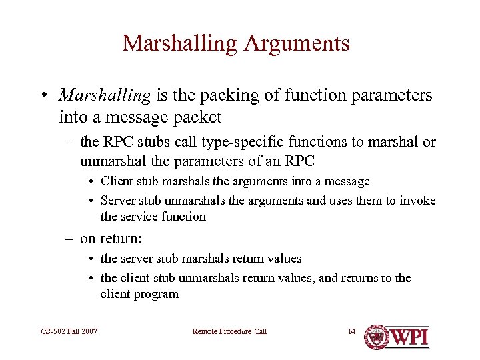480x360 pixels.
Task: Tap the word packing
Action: click(x=201, y=96)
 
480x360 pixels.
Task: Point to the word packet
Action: click(x=197, y=117)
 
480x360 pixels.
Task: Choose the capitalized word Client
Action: click(x=117, y=181)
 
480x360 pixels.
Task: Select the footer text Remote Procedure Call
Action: click(x=229, y=331)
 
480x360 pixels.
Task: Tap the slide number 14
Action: click(x=351, y=331)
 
